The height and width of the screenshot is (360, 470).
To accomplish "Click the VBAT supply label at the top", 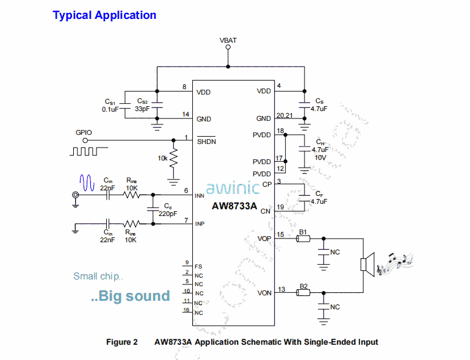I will [228, 41].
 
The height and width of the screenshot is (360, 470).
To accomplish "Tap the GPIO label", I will [84, 132].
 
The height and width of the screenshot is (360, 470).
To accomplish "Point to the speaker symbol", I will [366, 264].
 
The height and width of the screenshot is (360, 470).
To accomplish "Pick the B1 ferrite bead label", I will [302, 232].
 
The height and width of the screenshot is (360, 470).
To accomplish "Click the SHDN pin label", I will [206, 142].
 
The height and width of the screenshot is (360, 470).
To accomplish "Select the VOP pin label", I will [264, 239].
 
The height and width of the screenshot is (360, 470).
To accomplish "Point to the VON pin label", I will [264, 293].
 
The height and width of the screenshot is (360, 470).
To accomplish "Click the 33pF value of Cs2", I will [141, 109].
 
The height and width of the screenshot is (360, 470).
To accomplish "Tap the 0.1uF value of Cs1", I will [111, 109].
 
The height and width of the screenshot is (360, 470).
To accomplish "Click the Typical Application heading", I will [104, 15].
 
